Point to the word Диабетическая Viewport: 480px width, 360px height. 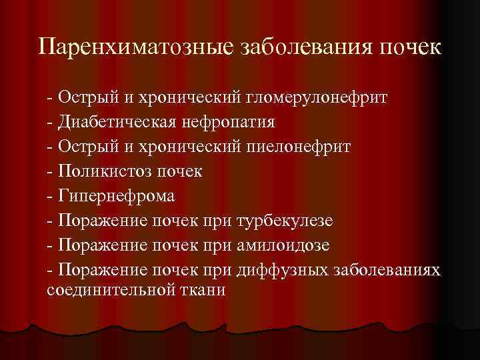[x=114, y=123]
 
